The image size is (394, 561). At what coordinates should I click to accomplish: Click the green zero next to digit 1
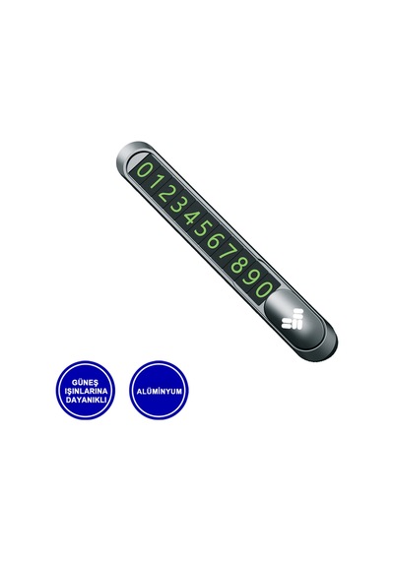(x=144, y=169)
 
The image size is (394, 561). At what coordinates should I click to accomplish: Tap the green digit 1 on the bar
(x=154, y=182)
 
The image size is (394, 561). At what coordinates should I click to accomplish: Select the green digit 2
(x=164, y=193)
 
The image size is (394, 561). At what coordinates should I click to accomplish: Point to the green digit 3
(x=176, y=205)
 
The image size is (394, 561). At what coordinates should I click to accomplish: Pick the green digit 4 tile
(x=189, y=217)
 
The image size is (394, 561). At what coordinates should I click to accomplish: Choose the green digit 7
(x=226, y=252)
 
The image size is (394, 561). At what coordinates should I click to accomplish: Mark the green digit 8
(x=237, y=265)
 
